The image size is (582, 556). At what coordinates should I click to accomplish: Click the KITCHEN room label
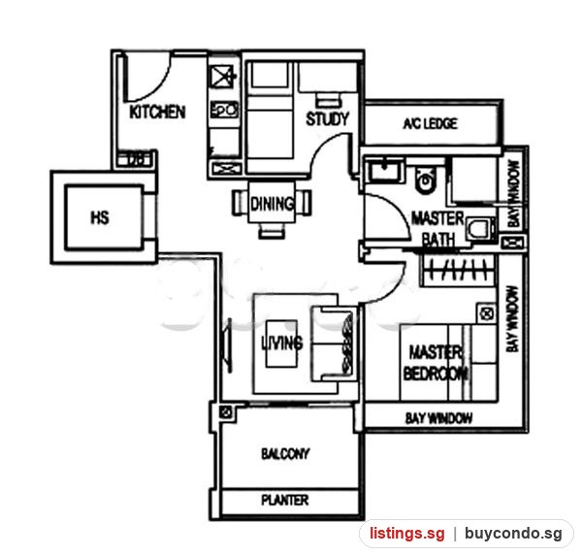point(157,112)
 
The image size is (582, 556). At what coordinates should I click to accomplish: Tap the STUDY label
point(328,118)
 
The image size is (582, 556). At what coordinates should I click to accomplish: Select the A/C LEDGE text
point(431,123)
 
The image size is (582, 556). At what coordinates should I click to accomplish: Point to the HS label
point(100,217)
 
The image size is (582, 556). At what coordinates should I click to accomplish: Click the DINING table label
point(272,204)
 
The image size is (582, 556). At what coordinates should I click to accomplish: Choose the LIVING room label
point(282,343)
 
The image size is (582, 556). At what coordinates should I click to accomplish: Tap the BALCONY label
point(285,453)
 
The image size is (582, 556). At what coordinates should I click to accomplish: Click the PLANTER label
point(284,500)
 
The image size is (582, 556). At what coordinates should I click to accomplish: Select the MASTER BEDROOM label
point(435,363)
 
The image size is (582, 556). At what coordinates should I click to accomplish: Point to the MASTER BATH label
point(438,228)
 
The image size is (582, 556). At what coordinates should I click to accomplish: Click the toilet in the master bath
point(425,180)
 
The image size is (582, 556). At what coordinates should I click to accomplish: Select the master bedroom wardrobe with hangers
point(458,271)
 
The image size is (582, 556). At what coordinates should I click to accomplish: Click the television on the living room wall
point(226,345)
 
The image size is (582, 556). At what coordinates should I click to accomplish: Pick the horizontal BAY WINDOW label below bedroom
point(438,418)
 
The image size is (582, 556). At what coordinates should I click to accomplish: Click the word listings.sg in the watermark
point(406,534)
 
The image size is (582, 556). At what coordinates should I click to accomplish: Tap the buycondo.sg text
point(513,534)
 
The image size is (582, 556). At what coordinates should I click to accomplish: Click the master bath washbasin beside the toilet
point(385,170)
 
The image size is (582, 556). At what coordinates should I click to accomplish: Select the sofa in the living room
point(334,343)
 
